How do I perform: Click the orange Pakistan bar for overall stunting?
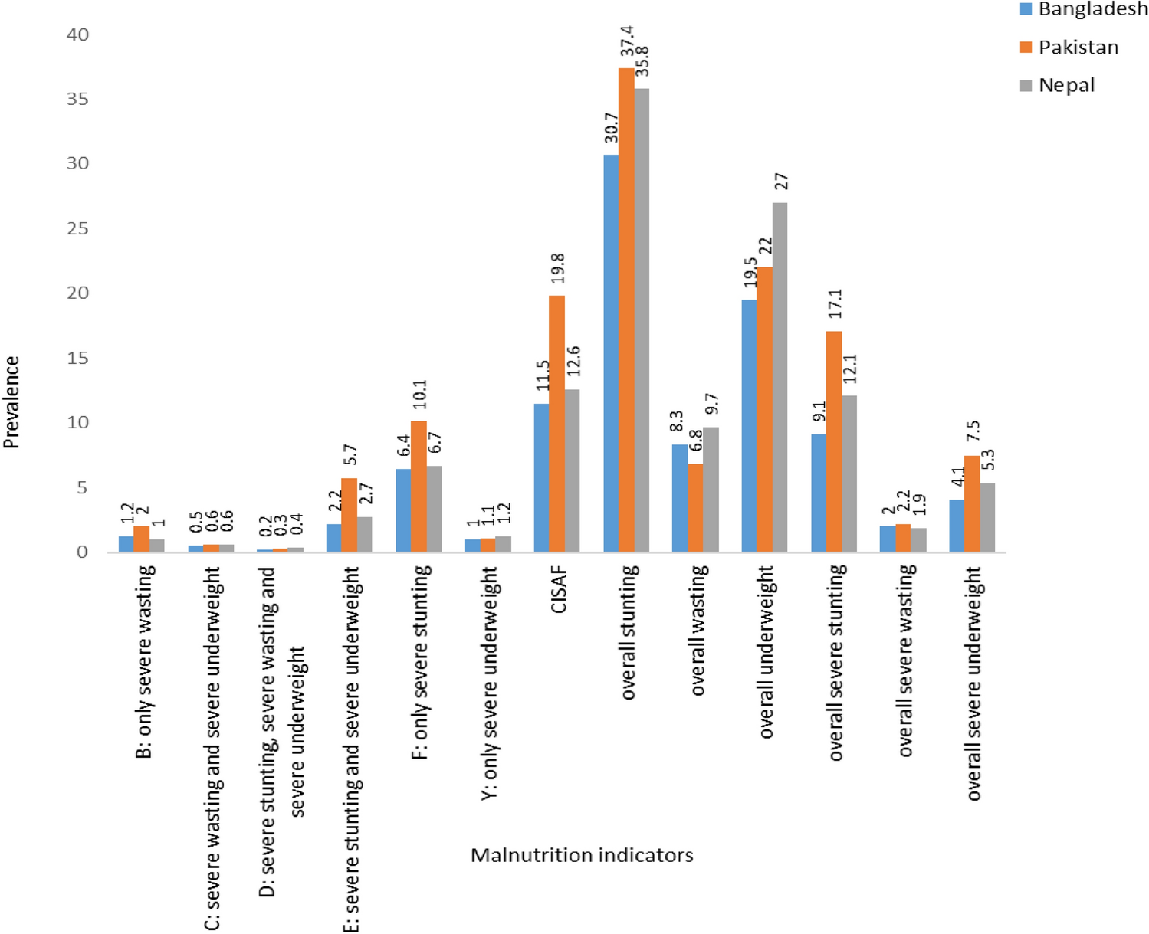click(x=626, y=310)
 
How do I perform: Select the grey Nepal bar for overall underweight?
click(x=780, y=377)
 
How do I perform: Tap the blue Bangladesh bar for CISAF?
click(x=541, y=477)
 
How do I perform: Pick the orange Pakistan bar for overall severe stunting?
click(x=834, y=441)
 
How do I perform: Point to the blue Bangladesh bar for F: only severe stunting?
click(x=403, y=510)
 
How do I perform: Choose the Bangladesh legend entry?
click(x=1084, y=10)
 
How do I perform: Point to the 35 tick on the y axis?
click(x=77, y=100)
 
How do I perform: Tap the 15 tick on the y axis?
click(x=77, y=358)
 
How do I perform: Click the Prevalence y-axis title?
click(x=11, y=402)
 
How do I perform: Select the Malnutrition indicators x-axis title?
click(x=582, y=855)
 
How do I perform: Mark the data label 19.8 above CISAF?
click(x=557, y=269)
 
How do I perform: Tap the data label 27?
click(x=781, y=182)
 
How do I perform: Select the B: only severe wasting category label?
click(x=145, y=662)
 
